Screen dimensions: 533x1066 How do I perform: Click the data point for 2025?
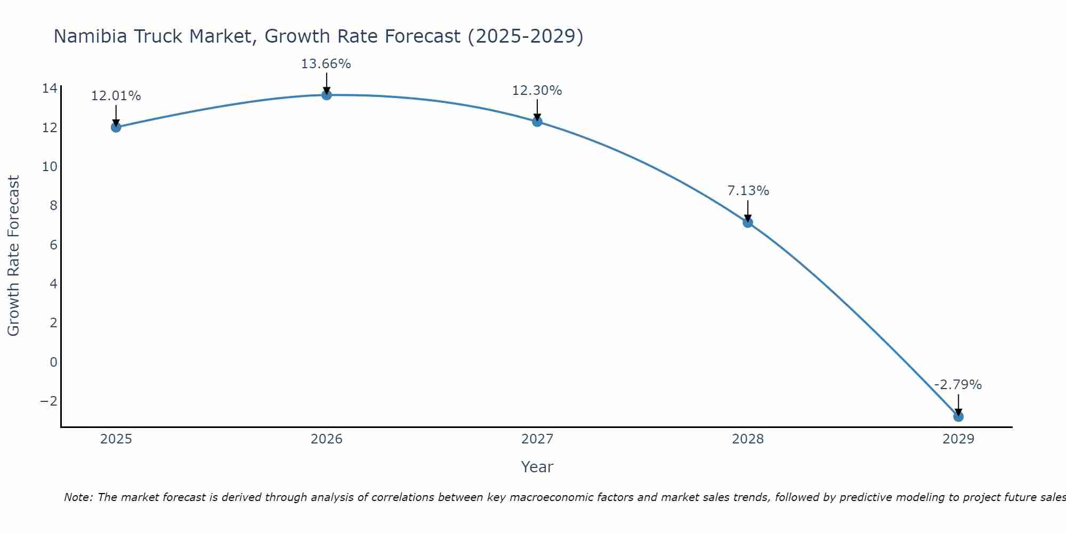click(x=116, y=127)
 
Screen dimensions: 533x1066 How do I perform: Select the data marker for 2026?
click(x=327, y=95)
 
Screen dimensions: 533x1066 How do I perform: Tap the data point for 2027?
click(x=537, y=122)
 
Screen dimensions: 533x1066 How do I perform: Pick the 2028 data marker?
click(x=748, y=222)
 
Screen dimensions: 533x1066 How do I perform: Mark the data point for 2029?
click(x=958, y=416)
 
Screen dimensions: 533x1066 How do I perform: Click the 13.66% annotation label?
click(x=326, y=64)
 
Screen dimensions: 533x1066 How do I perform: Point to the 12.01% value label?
click(x=116, y=96)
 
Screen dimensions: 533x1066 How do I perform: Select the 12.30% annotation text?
click(x=537, y=91)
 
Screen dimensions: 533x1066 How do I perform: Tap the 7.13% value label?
click(x=748, y=191)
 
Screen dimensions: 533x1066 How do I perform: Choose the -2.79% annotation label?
click(x=958, y=385)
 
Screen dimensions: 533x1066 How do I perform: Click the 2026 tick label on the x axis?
click(x=327, y=439)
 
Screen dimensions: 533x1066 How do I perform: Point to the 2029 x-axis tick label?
click(x=958, y=439)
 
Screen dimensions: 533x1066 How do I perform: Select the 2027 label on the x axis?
click(x=537, y=439)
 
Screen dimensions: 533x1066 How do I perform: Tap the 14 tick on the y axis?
click(x=50, y=88)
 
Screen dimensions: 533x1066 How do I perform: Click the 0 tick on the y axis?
click(x=53, y=362)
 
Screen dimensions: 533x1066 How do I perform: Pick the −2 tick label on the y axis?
click(x=49, y=401)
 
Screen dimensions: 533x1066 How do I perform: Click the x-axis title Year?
click(x=537, y=467)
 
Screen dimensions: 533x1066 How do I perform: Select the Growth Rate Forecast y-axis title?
click(x=14, y=256)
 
